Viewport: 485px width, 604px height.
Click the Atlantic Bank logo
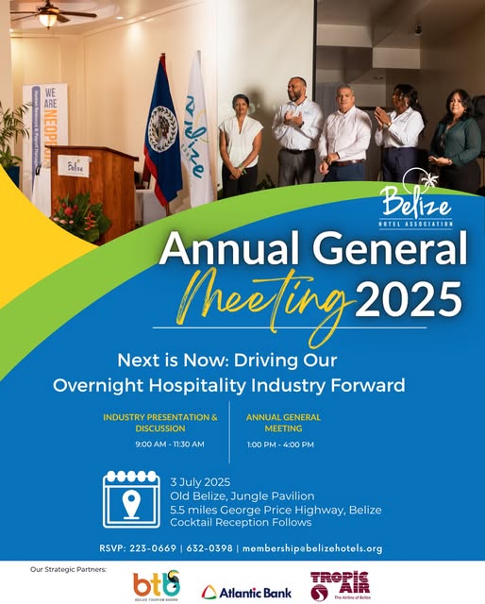(x=246, y=592)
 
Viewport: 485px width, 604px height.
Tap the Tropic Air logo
(x=340, y=586)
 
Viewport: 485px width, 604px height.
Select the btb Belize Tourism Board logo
(x=157, y=585)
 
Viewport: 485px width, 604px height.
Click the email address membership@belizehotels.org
(x=312, y=548)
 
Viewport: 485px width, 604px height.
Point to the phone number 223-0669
(x=153, y=548)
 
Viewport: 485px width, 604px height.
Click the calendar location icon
(x=131, y=499)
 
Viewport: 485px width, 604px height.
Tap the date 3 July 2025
(x=200, y=482)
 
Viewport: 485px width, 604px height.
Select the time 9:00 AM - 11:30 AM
(x=170, y=445)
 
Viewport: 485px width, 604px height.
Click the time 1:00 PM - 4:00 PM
(x=280, y=445)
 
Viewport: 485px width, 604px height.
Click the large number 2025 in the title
(x=408, y=299)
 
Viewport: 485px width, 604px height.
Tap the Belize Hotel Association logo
(x=415, y=199)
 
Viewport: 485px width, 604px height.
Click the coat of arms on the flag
(x=163, y=129)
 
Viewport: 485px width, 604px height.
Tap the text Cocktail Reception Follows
(x=241, y=522)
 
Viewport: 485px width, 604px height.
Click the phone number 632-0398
(x=209, y=548)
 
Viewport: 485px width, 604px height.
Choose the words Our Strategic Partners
(x=68, y=569)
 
